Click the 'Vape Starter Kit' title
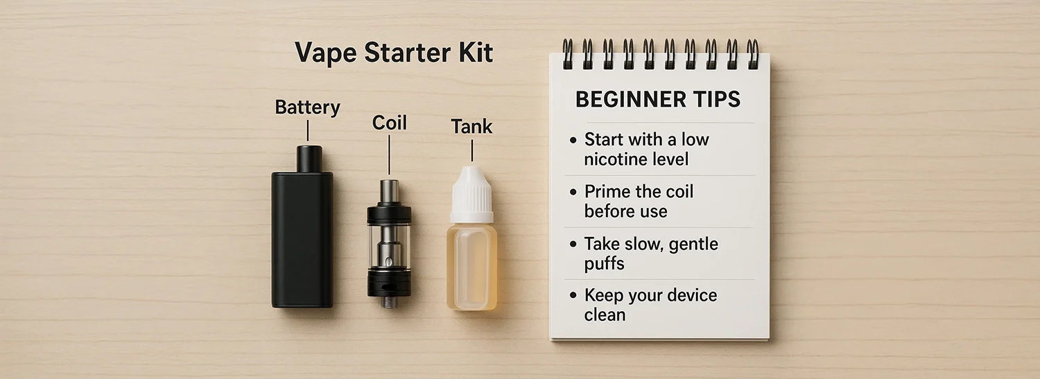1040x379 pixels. (394, 53)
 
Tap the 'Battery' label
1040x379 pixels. (307, 107)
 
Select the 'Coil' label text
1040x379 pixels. (389, 123)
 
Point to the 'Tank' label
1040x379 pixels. (471, 126)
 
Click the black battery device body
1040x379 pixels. (302, 239)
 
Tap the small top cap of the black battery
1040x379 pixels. (309, 159)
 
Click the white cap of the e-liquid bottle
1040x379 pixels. (471, 195)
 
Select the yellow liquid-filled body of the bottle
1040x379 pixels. (471, 267)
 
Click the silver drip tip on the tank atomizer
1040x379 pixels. (389, 191)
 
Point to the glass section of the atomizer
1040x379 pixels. (389, 246)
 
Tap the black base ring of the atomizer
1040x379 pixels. (389, 283)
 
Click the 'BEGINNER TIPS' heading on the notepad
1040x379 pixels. (658, 99)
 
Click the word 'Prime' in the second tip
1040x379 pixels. (606, 191)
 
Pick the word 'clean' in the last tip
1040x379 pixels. (605, 315)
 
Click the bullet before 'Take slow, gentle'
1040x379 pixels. (573, 243)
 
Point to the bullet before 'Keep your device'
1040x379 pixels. (573, 295)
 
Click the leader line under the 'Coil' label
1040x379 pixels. (389, 155)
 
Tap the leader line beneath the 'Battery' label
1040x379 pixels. (307, 130)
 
